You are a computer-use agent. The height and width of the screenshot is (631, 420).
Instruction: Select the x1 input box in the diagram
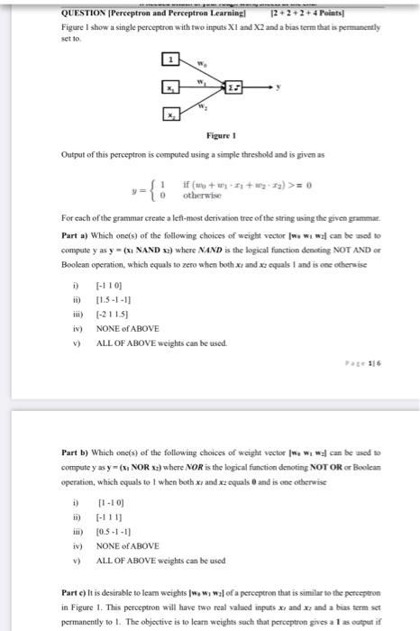pyautogui.click(x=169, y=87)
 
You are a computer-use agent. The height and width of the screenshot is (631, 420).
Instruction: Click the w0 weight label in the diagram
pyautogui.click(x=205, y=63)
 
